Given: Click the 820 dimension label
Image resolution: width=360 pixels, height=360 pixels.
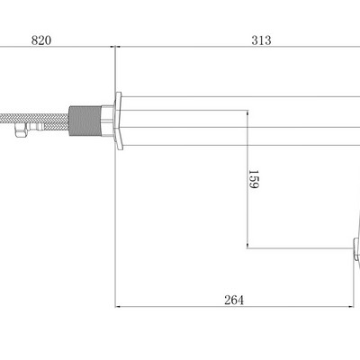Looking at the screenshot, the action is [41, 40].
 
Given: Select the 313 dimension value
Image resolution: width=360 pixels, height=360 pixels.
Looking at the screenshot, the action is [261, 40].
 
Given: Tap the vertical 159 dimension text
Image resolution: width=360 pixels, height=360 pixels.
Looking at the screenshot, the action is [254, 179].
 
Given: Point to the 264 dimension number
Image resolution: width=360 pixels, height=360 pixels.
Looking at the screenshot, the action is [234, 300].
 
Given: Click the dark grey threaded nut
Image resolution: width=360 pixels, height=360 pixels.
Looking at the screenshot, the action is [85, 121].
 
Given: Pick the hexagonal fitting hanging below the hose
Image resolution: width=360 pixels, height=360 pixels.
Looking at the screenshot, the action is [21, 130].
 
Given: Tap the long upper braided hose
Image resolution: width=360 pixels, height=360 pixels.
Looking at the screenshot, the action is [34, 118].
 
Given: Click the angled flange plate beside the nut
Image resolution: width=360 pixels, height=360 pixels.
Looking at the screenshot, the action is [119, 121].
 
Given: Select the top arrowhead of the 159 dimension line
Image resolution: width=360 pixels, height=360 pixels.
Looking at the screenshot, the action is [247, 112].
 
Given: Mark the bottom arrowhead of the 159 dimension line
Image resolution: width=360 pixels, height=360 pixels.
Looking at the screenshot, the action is [247, 246].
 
